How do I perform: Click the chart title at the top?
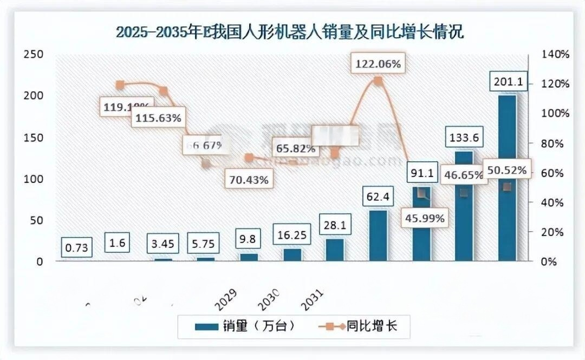[290, 32]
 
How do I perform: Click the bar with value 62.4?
[378, 235]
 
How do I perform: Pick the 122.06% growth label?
[378, 64]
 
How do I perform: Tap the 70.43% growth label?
[249, 180]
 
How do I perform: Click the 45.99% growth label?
[425, 219]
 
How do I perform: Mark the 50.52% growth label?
[507, 170]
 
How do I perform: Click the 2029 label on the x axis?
[226, 300]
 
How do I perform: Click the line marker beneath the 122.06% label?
[378, 81]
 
